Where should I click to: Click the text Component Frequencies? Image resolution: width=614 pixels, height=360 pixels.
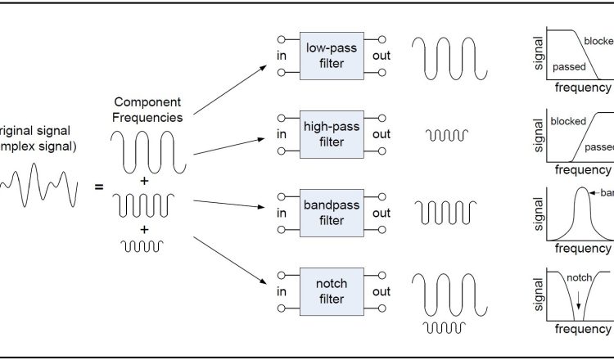pos(147,110)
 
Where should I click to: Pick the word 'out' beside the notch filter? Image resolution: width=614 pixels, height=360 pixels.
pos(381,292)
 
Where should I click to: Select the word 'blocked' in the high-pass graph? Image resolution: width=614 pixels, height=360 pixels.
pos(568,121)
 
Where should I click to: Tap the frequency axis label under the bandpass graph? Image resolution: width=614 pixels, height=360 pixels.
pos(582,248)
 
